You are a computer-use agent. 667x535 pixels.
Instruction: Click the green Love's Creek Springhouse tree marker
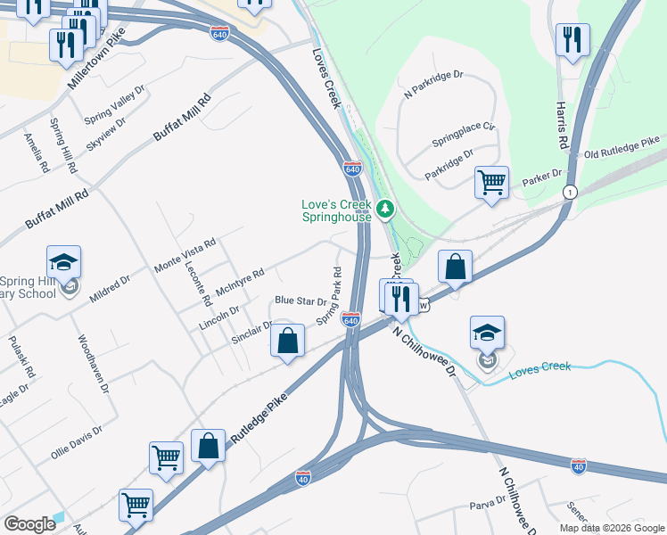point(385,210)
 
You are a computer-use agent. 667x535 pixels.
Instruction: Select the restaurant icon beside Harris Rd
point(572,40)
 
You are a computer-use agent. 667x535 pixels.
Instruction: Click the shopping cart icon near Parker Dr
point(492,183)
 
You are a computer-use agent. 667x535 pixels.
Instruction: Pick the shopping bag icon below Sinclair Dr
point(288,342)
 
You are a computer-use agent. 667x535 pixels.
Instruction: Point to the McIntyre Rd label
point(240,284)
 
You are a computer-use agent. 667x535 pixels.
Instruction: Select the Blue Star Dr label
point(301,301)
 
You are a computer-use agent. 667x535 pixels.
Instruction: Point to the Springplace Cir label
point(463,135)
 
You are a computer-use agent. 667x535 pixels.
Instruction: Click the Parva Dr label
point(488,506)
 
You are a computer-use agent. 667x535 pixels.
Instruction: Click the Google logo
point(30,524)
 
